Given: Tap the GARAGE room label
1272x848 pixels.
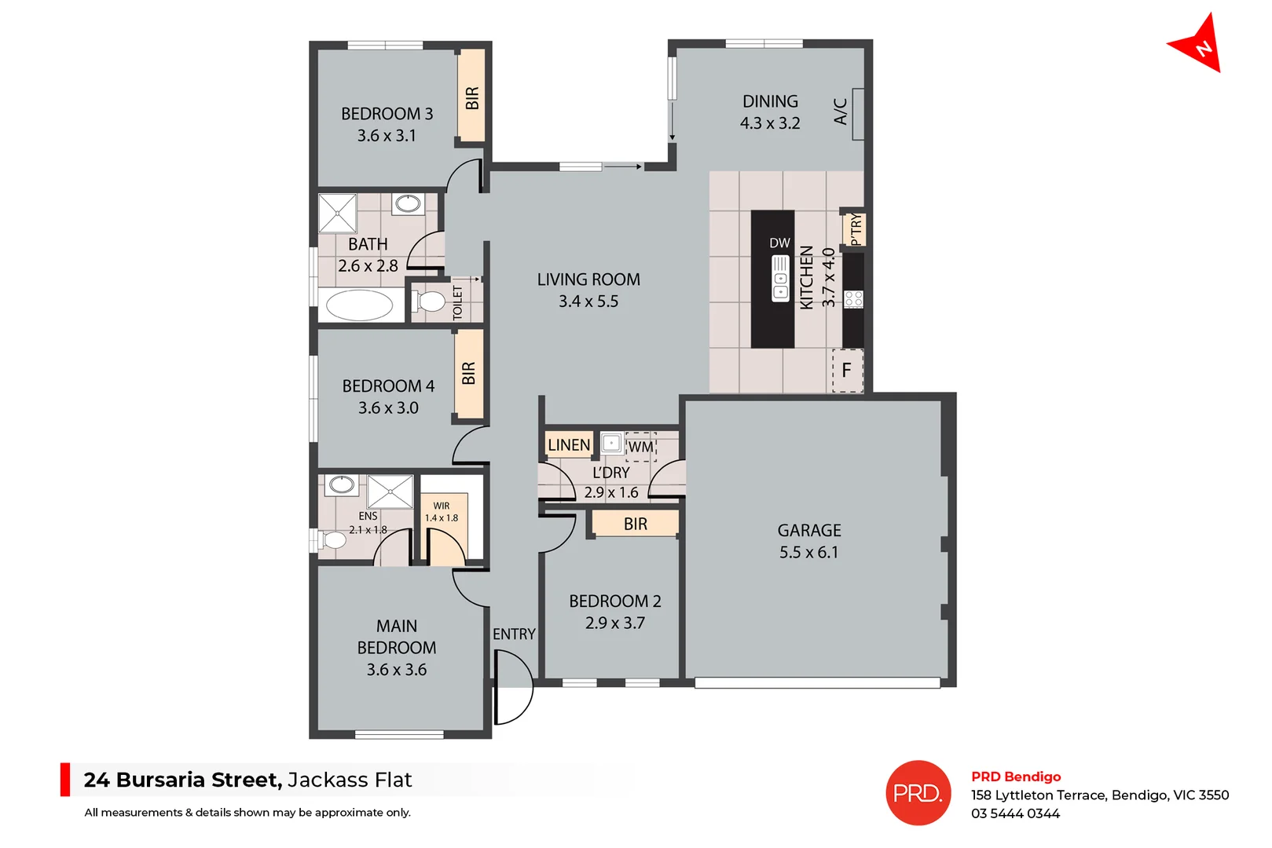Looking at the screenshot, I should click(808, 531).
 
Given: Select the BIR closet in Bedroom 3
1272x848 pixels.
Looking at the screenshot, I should click(471, 97).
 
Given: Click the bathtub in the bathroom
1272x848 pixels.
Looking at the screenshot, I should click(360, 305).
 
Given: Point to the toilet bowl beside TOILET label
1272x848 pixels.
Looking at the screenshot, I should click(431, 302).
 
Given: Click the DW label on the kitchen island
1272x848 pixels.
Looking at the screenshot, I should click(779, 243).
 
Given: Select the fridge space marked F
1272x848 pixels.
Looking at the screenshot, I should click(847, 371).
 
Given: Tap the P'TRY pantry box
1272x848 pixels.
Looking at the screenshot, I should click(855, 230).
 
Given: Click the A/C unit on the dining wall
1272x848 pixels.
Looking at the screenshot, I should click(858, 114).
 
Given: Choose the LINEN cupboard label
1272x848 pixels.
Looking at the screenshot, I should click(568, 445).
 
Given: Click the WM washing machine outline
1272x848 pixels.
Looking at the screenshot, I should click(640, 447).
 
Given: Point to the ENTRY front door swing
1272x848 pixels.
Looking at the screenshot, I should click(512, 689).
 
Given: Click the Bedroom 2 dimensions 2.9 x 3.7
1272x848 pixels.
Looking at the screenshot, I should click(614, 623).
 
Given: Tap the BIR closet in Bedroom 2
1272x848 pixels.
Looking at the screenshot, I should click(635, 524).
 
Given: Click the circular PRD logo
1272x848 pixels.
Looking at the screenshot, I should click(918, 793).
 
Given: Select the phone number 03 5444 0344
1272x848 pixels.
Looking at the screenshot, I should click(1015, 814).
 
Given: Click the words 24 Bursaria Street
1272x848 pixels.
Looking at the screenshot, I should click(182, 780).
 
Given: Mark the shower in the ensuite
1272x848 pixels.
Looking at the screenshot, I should click(390, 492).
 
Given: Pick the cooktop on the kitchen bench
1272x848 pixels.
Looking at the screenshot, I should click(853, 299).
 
